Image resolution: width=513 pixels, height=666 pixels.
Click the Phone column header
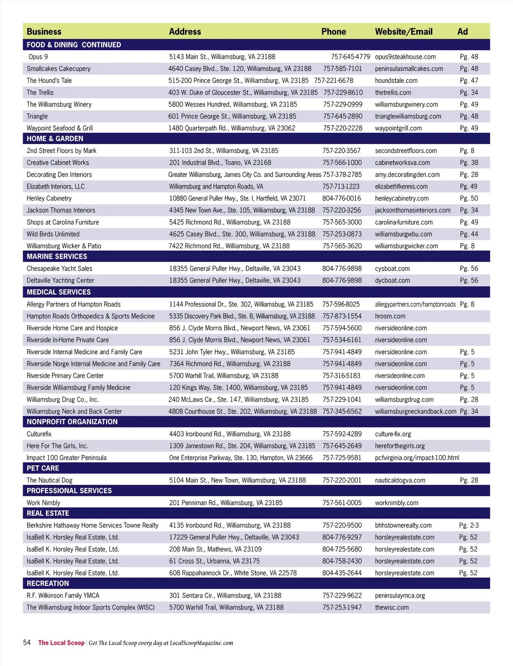tap(333, 32)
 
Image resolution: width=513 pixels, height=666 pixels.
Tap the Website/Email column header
tap(404, 32)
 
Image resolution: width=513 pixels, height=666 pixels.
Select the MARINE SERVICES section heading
tap(57, 256)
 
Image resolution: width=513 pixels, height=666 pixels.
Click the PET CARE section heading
tap(43, 468)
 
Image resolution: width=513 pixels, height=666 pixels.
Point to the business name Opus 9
tap(38, 57)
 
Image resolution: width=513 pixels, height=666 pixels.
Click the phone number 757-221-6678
tap(333, 80)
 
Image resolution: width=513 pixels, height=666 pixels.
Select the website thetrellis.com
tap(393, 92)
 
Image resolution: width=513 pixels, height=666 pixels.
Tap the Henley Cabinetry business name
tap(49, 198)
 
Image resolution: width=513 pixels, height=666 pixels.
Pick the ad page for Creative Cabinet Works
tap(469, 162)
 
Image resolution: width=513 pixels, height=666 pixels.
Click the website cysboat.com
tap(392, 268)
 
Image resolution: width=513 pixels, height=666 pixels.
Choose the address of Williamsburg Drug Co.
tap(238, 399)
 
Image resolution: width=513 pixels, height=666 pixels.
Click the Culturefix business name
tap(39, 434)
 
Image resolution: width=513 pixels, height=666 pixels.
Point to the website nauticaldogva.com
tap(400, 480)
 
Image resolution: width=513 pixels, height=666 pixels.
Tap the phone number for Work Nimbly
tap(342, 503)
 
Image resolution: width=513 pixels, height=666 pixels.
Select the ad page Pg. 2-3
tap(469, 525)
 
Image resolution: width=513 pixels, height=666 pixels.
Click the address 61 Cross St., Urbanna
tap(214, 561)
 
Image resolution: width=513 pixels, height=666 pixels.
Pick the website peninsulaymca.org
tap(400, 595)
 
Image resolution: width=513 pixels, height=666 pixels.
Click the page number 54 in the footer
tap(27, 642)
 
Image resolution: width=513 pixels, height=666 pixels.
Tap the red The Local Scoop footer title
tap(61, 643)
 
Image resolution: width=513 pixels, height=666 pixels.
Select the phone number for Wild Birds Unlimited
tap(342, 234)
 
